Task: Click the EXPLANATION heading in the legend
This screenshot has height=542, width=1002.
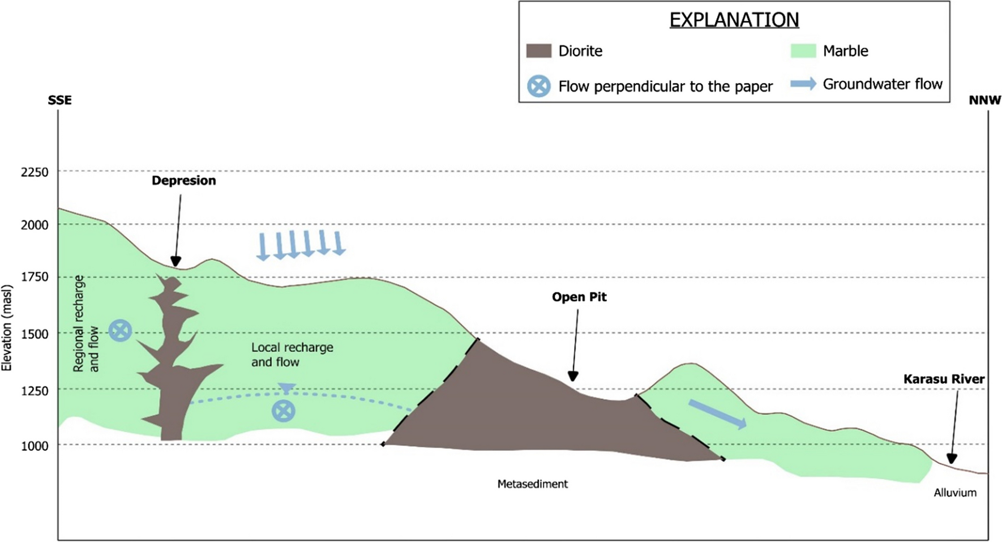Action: click(x=734, y=20)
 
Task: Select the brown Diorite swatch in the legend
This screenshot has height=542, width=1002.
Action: click(x=538, y=51)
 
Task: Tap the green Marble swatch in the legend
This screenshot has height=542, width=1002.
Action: click(x=803, y=51)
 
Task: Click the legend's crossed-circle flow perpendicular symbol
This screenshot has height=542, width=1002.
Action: click(x=538, y=87)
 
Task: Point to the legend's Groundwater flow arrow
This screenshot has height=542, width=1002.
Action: click(x=803, y=84)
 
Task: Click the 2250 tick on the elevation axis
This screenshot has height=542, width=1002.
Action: click(x=35, y=172)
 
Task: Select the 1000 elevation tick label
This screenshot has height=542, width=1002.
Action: click(x=35, y=446)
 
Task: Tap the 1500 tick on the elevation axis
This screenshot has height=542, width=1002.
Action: click(x=35, y=334)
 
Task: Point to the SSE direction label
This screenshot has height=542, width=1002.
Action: click(x=59, y=100)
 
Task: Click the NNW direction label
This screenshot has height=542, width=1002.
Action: click(x=984, y=100)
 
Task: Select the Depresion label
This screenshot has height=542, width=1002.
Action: click(x=183, y=181)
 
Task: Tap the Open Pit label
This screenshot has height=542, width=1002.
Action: click(x=579, y=297)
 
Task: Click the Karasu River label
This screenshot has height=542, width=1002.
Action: click(x=944, y=379)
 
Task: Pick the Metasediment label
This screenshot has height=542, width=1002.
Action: click(x=532, y=484)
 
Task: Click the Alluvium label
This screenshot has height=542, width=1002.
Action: click(x=955, y=493)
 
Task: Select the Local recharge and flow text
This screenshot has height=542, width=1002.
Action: click(x=292, y=355)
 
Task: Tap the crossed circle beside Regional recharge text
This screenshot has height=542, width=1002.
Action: click(x=120, y=330)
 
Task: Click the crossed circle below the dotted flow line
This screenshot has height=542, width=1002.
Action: click(x=283, y=411)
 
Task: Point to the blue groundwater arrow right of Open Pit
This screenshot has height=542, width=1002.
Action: click(x=717, y=414)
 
